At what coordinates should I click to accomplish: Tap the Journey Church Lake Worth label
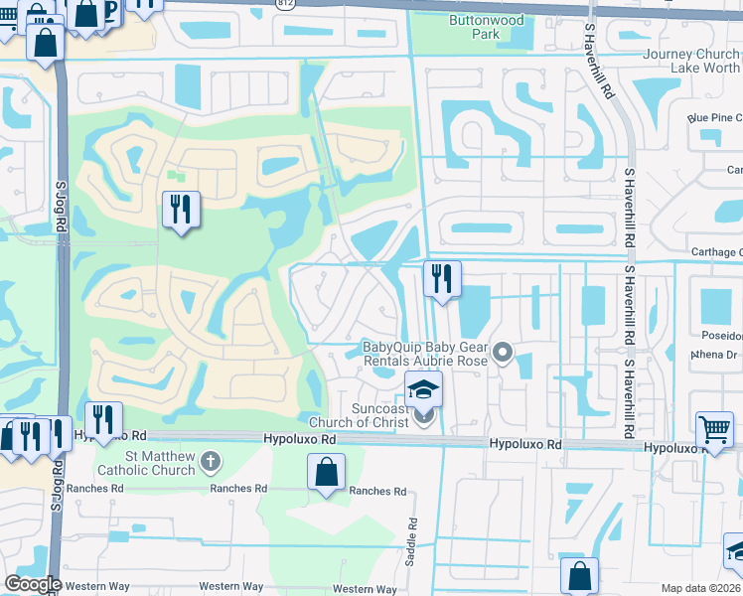(x=691, y=61)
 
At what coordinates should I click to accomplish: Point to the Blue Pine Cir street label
(x=714, y=117)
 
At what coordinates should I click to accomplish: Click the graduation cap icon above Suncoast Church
(x=423, y=388)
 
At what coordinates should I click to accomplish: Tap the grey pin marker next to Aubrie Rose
(x=504, y=352)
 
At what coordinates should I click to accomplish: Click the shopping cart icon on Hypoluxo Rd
(x=713, y=428)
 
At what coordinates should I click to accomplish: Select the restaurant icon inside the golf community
(x=181, y=209)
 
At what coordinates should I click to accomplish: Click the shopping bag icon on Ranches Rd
(x=326, y=472)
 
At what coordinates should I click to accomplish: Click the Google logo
(x=33, y=583)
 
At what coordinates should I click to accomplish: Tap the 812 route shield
(x=287, y=4)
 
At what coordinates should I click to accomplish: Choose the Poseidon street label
(x=719, y=336)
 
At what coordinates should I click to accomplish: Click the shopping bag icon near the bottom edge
(x=579, y=576)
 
